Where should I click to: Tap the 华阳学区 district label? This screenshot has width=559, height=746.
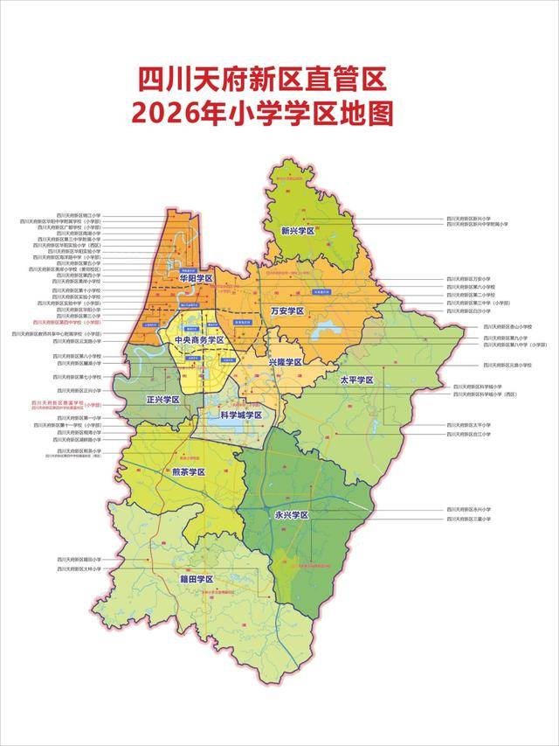[197, 277]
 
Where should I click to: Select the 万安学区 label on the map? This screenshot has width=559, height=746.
[286, 310]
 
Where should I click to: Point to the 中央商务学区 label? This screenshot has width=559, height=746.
[199, 340]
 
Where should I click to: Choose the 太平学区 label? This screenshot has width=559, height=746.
[356, 380]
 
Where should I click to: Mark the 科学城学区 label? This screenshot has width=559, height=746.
[241, 415]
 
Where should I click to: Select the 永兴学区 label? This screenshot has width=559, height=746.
[293, 515]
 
